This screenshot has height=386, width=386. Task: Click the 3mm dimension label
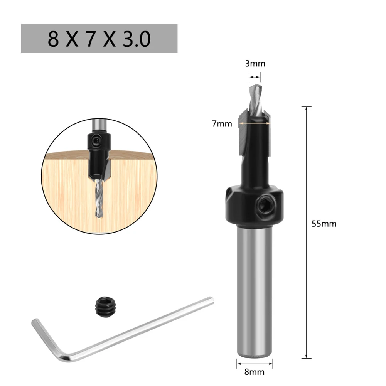click(255, 64)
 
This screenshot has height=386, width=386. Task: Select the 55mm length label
click(324, 224)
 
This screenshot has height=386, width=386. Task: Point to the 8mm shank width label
click(255, 372)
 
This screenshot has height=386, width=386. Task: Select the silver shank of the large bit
click(255, 289)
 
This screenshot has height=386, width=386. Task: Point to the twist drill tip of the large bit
click(255, 93)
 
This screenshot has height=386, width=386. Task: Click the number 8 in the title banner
click(54, 39)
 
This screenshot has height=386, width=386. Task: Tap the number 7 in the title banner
click(90, 39)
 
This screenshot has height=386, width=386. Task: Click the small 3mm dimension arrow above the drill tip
click(255, 77)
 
